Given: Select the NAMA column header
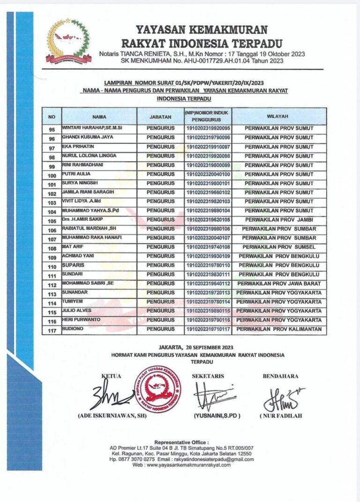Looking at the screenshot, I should (x=99, y=116).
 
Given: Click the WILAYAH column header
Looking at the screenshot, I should (x=279, y=116).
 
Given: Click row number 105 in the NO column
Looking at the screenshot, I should (x=52, y=220).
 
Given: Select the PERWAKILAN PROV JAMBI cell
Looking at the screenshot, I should (x=279, y=219).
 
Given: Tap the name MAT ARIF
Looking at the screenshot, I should (x=73, y=246).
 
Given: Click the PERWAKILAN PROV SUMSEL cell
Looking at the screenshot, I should (x=279, y=247).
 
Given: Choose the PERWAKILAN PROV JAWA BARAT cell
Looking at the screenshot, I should (x=279, y=284).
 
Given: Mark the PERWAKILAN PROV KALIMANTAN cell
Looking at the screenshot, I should (x=279, y=330).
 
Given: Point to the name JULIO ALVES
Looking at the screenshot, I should (x=77, y=310).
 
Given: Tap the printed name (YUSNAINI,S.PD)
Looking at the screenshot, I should (x=217, y=415).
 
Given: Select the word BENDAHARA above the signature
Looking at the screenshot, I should (x=280, y=376).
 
